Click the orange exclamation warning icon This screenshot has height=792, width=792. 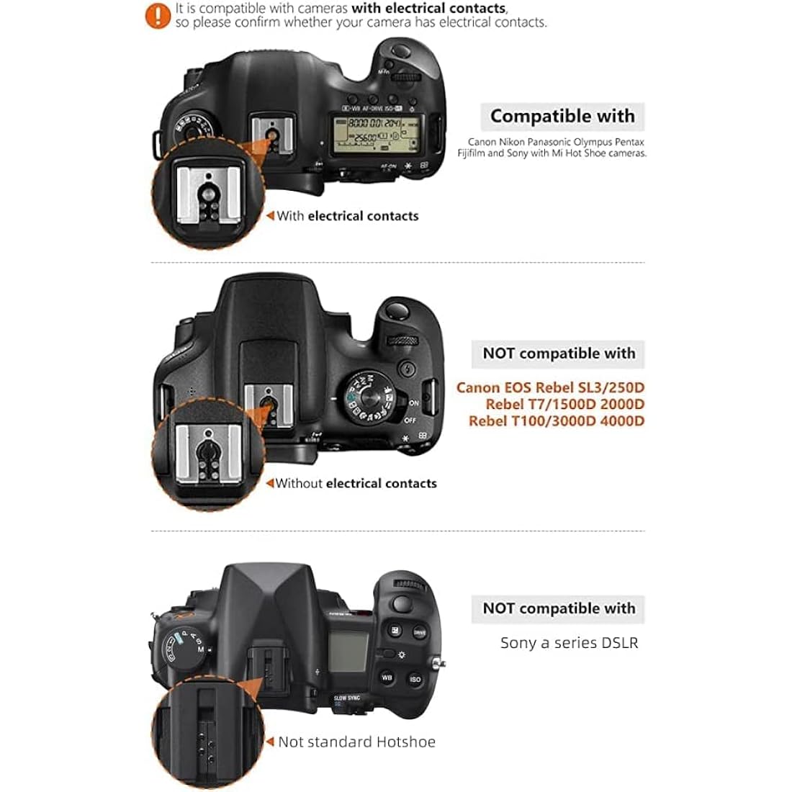(158, 15)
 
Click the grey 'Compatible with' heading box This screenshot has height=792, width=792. (562, 116)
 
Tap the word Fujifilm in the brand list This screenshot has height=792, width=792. (472, 153)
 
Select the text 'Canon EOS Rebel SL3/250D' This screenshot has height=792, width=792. (550, 387)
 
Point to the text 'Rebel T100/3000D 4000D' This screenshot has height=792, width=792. (556, 421)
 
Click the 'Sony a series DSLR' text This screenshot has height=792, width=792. (569, 643)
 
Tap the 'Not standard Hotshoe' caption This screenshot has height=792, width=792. (356, 742)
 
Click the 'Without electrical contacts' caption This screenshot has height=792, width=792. (356, 483)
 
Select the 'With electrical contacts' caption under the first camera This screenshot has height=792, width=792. (347, 215)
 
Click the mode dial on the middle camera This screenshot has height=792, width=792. (369, 395)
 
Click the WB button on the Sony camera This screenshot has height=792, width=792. (387, 678)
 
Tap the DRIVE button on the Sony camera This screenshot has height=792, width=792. (419, 632)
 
